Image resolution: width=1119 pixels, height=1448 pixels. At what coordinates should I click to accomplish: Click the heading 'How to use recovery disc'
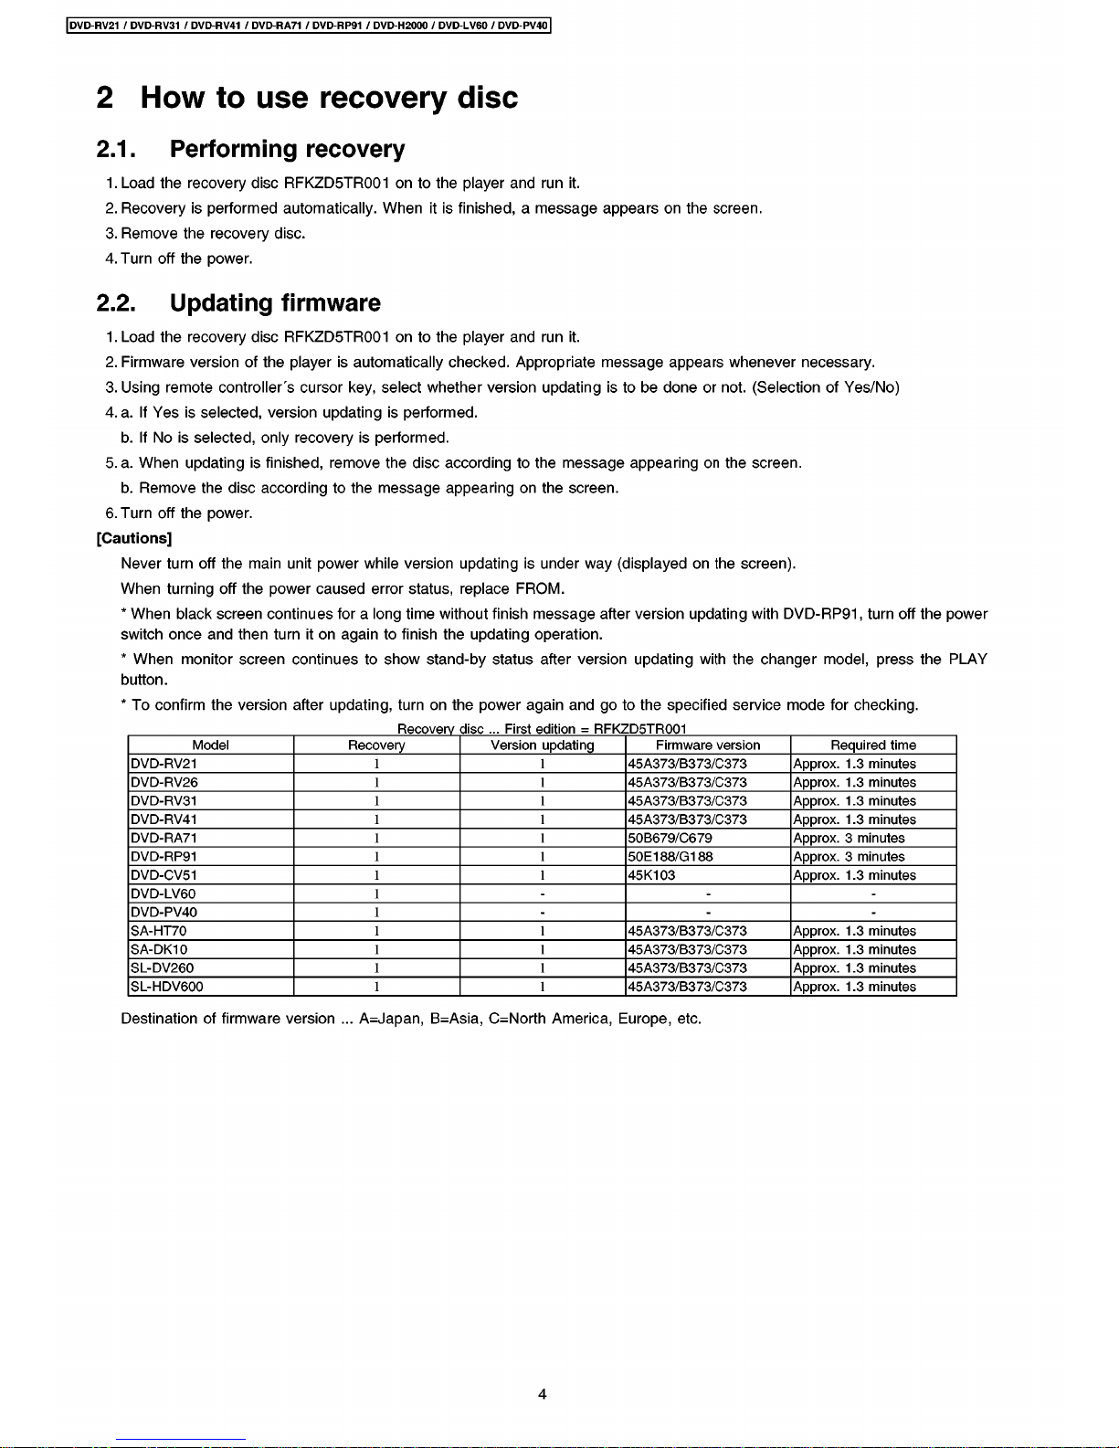(x=329, y=98)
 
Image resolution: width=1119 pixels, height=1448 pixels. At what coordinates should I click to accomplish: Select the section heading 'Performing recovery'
(x=287, y=149)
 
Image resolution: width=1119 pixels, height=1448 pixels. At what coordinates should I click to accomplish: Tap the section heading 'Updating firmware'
(x=275, y=303)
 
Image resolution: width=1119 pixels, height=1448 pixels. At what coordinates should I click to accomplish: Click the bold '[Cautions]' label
(x=134, y=538)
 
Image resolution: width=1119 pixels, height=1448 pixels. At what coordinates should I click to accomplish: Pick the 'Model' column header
(x=210, y=745)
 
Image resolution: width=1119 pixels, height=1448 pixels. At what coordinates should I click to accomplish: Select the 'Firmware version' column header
(x=708, y=745)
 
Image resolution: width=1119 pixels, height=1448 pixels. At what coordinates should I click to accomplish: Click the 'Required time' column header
(x=873, y=745)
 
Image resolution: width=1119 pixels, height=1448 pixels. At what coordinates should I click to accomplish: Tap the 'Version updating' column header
(x=543, y=745)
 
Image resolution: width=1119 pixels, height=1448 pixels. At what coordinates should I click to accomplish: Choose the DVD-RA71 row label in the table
(x=164, y=838)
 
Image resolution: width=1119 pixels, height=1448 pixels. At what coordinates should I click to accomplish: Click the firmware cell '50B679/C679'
(x=670, y=838)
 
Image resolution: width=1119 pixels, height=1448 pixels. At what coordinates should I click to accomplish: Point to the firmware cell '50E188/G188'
(x=670, y=857)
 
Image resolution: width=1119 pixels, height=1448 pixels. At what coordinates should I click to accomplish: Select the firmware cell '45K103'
(x=652, y=875)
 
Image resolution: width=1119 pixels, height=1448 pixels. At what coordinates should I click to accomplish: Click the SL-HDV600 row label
(x=167, y=987)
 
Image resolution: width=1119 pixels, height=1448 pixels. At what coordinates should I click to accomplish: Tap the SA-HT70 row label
(x=159, y=931)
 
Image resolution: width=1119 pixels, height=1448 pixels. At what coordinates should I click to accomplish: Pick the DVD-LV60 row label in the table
(x=164, y=893)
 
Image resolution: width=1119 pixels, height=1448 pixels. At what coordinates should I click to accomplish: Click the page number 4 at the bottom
(x=543, y=1394)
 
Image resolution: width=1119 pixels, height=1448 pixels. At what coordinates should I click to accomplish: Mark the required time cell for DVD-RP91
(x=850, y=857)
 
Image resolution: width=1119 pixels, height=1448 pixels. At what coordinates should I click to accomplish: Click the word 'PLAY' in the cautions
(x=967, y=660)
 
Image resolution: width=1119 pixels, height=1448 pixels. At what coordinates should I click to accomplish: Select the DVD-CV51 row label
(x=164, y=875)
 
